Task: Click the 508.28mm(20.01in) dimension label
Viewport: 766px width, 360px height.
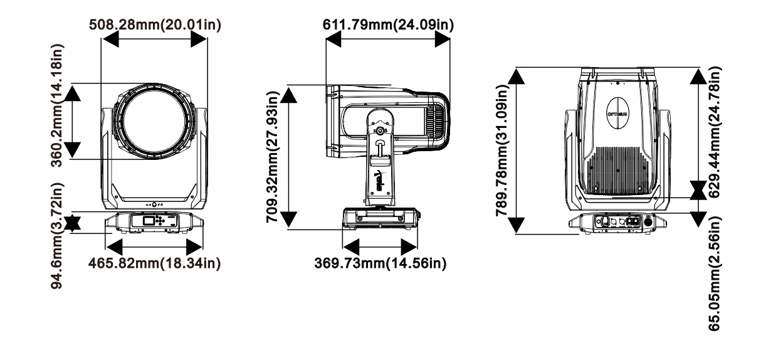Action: (x=155, y=25)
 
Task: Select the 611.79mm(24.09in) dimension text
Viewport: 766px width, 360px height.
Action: (x=388, y=25)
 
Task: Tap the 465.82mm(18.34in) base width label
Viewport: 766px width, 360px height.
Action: (x=155, y=263)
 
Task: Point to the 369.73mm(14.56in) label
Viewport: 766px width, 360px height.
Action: (x=380, y=263)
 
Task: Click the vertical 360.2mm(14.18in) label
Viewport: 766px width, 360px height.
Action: (x=57, y=105)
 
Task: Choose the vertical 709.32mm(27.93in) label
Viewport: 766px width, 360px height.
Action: (x=273, y=157)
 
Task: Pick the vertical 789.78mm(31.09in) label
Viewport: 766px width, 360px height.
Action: (x=502, y=151)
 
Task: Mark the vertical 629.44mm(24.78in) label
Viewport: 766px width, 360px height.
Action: (x=715, y=132)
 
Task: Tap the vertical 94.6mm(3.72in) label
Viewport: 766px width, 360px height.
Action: (x=57, y=236)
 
